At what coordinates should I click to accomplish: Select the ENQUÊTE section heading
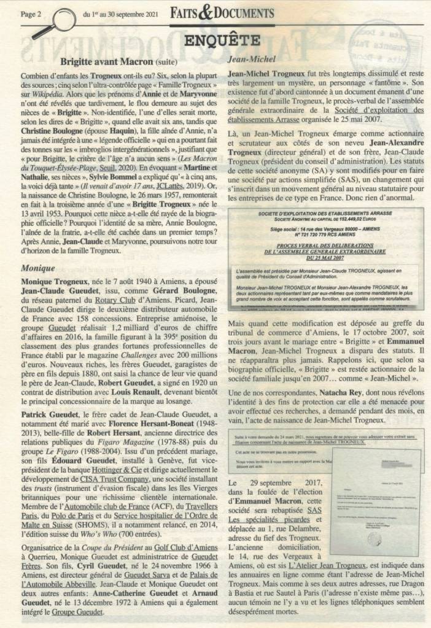click(x=215, y=40)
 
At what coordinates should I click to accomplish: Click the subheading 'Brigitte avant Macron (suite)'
click(x=120, y=61)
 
